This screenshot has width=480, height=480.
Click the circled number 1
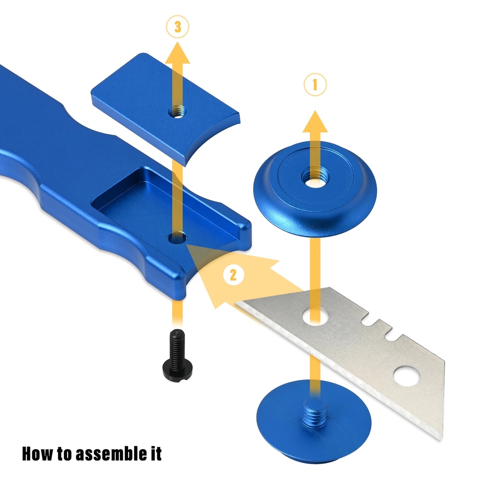point(315,84)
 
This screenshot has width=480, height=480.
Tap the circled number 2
point(233,275)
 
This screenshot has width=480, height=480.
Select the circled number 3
point(178,27)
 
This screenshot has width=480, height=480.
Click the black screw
point(177,355)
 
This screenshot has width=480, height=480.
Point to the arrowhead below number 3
point(178,52)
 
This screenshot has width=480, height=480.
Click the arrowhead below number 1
point(315,121)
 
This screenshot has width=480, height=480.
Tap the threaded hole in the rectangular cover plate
point(178,112)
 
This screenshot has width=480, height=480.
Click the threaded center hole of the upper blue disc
point(315,178)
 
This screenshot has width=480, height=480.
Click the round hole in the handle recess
point(178,238)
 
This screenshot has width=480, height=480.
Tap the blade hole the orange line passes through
point(315,316)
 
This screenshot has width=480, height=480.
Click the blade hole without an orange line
point(406,376)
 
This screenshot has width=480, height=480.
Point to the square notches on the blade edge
point(377,329)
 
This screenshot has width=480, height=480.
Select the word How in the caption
point(37,453)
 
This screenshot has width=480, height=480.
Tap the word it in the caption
point(156,453)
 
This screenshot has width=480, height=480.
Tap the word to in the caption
point(64,453)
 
